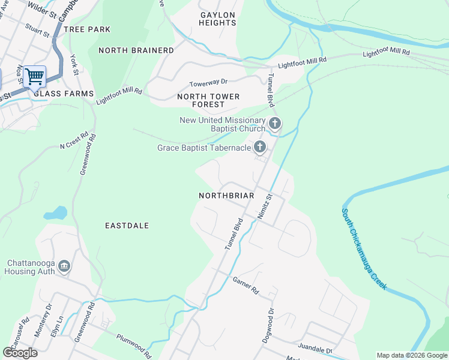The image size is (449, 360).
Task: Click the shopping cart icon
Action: pos(35,77)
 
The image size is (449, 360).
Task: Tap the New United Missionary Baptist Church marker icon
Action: pos(275,124)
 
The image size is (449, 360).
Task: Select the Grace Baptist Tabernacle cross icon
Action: pos(260,146)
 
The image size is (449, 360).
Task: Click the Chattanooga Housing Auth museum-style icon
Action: pos(65,266)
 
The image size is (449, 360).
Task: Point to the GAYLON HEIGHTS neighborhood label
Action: pos(218,18)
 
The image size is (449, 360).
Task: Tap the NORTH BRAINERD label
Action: pos(136,50)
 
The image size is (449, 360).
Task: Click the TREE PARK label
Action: pos(87,29)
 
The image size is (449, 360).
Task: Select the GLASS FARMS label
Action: pos(64,94)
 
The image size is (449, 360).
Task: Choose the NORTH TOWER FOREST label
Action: pos(208,100)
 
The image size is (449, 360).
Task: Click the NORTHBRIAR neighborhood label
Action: pos(226,196)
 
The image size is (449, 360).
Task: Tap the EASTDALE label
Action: pos(127,226)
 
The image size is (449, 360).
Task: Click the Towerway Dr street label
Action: pos(209,83)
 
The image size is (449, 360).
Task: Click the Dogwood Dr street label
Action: pos(268,326)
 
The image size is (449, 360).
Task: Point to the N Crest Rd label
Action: pos(74,140)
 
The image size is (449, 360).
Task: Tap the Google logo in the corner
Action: pos(20,353)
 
